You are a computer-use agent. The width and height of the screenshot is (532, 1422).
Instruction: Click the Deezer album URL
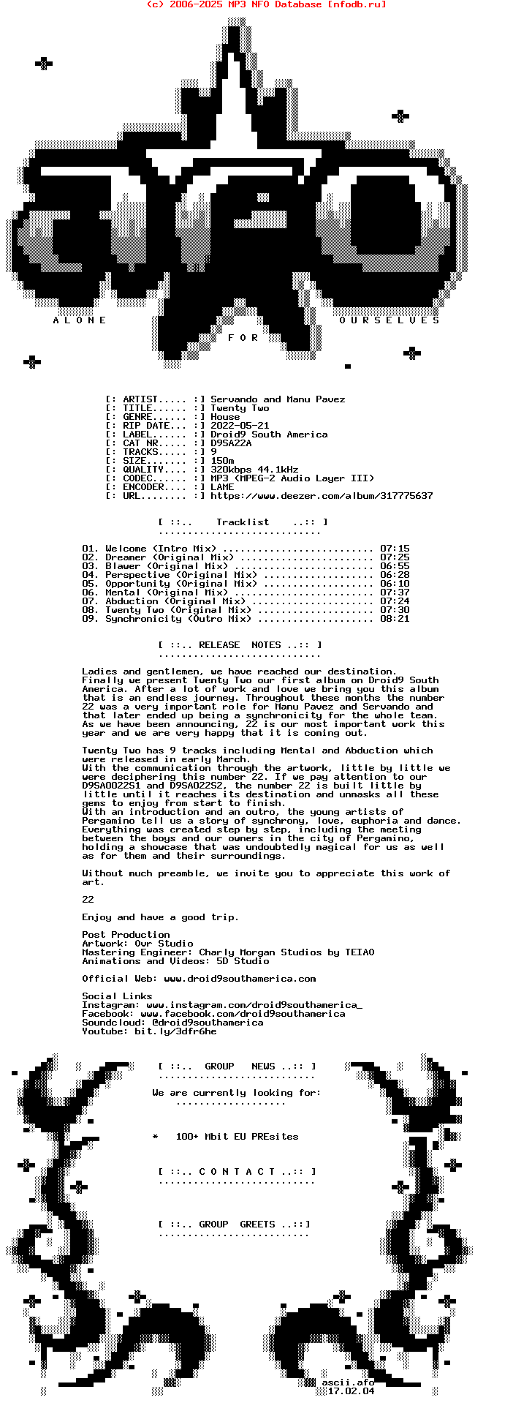click(x=322, y=496)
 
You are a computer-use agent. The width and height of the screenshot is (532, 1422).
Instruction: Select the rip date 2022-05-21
click(x=240, y=426)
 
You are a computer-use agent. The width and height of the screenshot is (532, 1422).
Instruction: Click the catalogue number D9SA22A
click(x=231, y=443)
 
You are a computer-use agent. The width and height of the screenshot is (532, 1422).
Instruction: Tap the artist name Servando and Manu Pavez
click(x=278, y=399)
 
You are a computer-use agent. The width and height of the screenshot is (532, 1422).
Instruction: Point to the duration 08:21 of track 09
click(x=395, y=619)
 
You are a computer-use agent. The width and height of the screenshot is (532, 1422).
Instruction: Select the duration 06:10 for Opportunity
click(x=395, y=584)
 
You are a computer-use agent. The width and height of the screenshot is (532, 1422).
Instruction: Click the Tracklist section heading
click(x=243, y=522)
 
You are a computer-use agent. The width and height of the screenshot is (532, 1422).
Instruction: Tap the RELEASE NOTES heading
click(x=240, y=645)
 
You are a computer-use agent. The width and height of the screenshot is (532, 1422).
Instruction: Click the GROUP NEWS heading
click(x=238, y=1066)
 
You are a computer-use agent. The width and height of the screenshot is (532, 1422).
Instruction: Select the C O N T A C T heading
click(x=237, y=1172)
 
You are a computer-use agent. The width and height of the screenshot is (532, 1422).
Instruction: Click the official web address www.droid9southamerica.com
click(x=240, y=979)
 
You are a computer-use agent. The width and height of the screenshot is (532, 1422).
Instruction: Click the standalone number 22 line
click(x=88, y=900)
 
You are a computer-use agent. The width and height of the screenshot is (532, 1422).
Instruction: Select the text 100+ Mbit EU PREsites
click(x=237, y=1137)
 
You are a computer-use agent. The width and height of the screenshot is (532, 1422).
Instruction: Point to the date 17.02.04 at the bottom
click(x=351, y=1391)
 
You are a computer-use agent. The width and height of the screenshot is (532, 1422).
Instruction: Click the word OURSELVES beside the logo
click(x=389, y=320)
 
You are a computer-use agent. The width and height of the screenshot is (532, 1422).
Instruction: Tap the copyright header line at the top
click(x=266, y=4)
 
